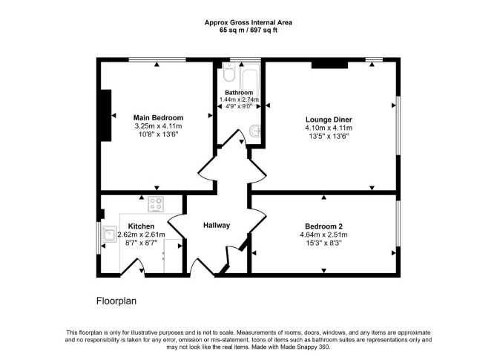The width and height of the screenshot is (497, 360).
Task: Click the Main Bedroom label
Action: (x=158, y=118)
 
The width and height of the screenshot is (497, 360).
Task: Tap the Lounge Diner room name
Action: (x=329, y=120)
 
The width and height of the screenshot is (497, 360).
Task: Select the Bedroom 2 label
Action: (x=323, y=226)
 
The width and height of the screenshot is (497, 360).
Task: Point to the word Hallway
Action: (x=217, y=226)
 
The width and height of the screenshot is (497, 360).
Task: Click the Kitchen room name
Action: (x=141, y=226)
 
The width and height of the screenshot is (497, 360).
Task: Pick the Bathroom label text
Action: (x=239, y=93)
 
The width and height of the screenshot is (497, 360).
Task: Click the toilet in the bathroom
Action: (x=228, y=72)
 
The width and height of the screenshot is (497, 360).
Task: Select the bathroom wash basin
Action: (x=255, y=131)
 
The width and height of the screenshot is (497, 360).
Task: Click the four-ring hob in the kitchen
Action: (x=156, y=204)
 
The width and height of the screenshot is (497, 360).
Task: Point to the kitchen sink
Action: (x=109, y=234)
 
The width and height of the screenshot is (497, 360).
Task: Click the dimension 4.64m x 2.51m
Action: (x=323, y=235)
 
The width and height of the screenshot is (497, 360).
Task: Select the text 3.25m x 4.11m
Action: (x=158, y=126)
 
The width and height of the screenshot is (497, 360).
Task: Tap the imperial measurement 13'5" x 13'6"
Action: (x=329, y=137)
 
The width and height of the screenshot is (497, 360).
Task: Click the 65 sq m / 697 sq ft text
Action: (x=249, y=30)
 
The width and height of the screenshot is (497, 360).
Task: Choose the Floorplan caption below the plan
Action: (x=116, y=301)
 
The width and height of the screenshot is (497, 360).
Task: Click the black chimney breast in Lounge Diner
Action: (x=329, y=65)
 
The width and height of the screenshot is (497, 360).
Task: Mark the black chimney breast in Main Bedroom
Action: (x=106, y=115)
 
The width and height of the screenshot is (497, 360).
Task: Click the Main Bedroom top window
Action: (x=157, y=59)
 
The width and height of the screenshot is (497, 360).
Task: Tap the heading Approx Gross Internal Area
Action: (x=249, y=22)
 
